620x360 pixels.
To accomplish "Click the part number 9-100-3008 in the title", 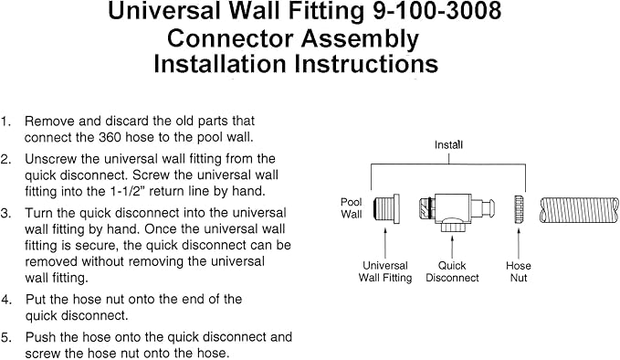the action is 437,11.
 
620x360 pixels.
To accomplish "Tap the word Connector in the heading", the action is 230,38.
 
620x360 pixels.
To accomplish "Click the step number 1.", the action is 5,121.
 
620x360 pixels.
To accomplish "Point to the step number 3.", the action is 5,213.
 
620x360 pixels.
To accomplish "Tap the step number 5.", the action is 5,337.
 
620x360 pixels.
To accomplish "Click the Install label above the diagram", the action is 448,144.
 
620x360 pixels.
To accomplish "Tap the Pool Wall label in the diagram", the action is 352,208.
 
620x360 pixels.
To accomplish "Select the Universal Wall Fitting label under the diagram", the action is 385,271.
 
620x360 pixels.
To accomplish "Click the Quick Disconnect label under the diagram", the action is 452,271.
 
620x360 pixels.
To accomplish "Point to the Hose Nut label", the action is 519,271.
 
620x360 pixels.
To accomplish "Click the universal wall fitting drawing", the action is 386,208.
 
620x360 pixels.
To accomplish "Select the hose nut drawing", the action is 520,209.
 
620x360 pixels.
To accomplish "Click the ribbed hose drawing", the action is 579,210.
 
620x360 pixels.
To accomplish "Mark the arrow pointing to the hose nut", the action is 519,242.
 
